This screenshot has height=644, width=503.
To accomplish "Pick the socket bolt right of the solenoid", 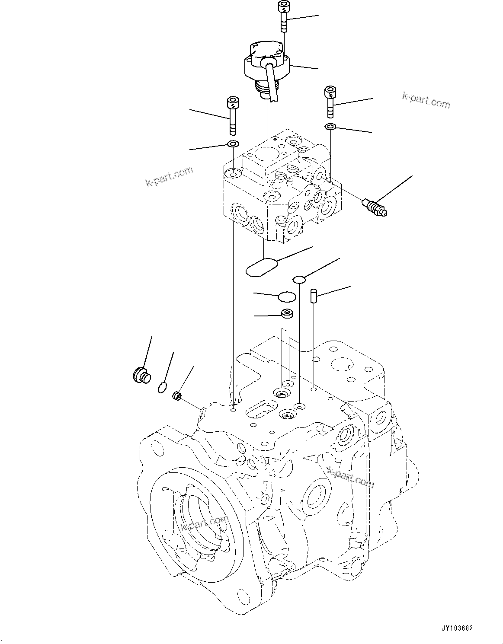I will [330, 102].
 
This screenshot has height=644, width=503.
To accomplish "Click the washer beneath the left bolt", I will [233, 144].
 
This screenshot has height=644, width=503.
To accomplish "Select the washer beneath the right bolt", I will [330, 127].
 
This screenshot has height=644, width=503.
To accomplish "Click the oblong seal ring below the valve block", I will [262, 267].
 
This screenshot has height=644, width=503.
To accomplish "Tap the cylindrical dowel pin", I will [314, 297].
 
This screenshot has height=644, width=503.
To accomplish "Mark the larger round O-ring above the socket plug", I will [286, 297].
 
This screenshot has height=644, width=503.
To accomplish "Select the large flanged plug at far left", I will [140, 374].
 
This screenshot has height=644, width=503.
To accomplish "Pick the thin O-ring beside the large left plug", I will [162, 388].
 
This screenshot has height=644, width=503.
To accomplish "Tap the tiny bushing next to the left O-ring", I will [176, 395].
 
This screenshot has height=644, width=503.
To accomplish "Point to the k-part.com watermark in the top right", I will [426, 100].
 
